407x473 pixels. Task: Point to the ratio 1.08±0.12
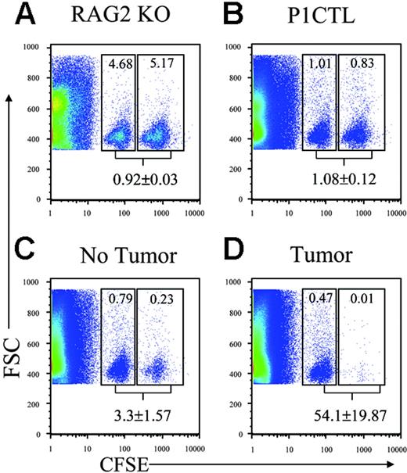[x=343, y=181]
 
